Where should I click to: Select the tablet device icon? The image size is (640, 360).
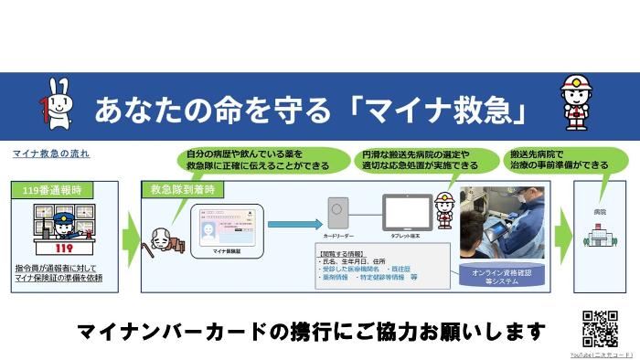click(x=407, y=213)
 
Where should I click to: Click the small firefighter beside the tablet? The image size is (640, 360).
click(x=445, y=210)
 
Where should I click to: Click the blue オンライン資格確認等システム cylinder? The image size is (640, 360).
click(x=498, y=275)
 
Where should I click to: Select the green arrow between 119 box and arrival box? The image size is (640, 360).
click(x=131, y=236)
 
